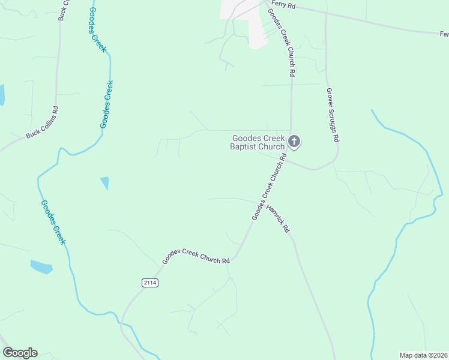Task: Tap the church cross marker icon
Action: (294, 142)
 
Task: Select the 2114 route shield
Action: (150, 283)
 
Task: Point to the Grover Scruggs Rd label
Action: (333, 115)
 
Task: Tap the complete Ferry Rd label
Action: (288, 5)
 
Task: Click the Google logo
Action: (20, 353)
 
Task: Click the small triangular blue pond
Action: (106, 182)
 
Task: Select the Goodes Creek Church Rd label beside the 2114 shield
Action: (196, 261)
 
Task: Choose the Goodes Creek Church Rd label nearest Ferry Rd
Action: (283, 41)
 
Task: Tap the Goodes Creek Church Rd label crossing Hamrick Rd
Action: (268, 187)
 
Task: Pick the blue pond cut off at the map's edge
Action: (2, 95)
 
